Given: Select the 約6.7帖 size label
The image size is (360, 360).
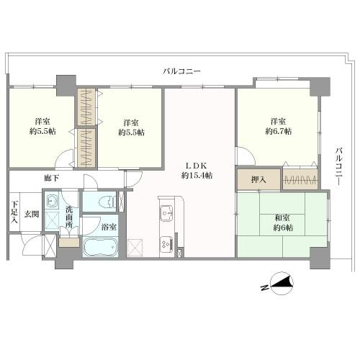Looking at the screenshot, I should (x=278, y=132).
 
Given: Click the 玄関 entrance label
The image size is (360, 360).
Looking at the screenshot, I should (x=31, y=213).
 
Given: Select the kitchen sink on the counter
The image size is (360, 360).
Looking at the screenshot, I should (x=165, y=214).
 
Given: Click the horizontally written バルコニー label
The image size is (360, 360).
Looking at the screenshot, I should (x=182, y=71).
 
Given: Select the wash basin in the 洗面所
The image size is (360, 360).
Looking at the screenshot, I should (x=52, y=203).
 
